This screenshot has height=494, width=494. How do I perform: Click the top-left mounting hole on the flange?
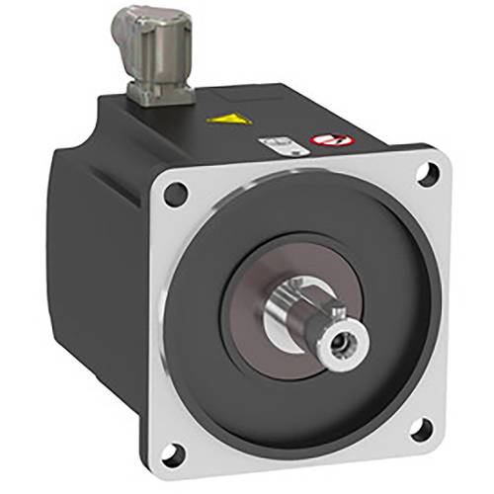click(x=175, y=195)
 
